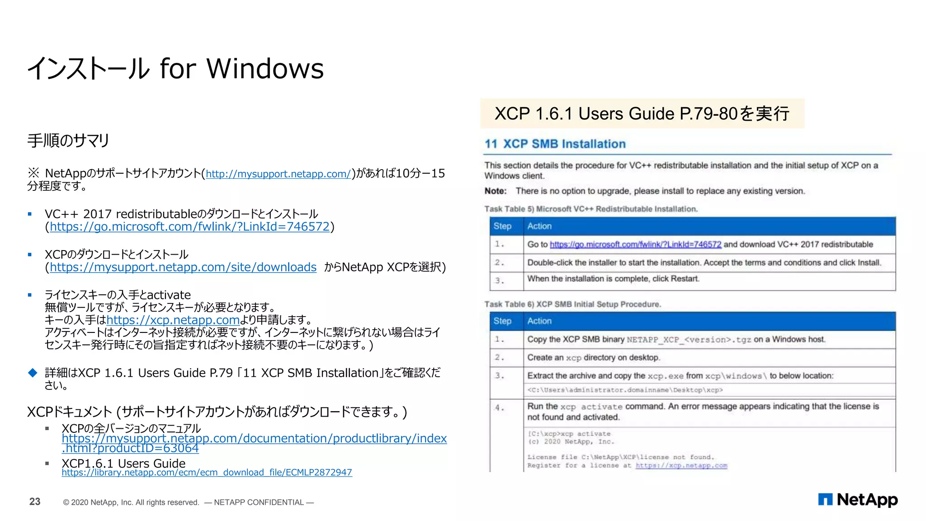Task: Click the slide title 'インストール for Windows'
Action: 175,69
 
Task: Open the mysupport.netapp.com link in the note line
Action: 278,174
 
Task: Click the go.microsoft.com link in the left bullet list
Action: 189,227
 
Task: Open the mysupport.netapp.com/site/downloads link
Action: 183,267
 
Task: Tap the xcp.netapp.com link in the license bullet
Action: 173,320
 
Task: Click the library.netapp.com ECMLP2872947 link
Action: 207,473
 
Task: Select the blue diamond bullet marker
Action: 33,373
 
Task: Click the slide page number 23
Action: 35,502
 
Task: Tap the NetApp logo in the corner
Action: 858,500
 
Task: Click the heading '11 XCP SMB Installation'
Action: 555,144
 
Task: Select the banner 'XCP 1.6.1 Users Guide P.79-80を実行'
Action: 642,114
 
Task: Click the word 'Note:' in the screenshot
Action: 496,191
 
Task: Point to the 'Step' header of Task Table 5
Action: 502,226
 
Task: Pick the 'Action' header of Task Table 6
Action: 539,321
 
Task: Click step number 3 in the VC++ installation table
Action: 499,280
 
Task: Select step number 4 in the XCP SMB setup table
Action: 499,407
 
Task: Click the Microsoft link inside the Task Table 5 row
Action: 635,245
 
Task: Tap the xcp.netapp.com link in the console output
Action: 681,465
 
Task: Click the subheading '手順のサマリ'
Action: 68,141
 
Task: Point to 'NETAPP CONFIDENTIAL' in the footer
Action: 259,502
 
